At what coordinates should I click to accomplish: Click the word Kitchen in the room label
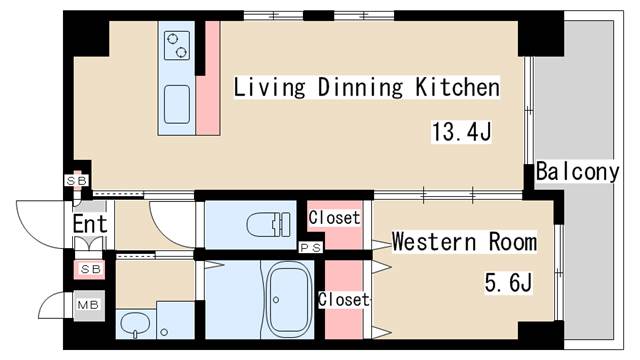pyautogui.click(x=457, y=87)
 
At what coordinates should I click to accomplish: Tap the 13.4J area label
pyautogui.click(x=461, y=132)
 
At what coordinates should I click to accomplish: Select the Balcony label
pyautogui.click(x=577, y=171)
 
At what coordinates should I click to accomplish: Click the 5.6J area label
pyautogui.click(x=508, y=282)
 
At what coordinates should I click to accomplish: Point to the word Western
pyautogui.click(x=434, y=241)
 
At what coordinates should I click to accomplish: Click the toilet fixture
pyautogui.click(x=269, y=224)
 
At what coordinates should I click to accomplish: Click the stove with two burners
pyautogui.click(x=177, y=45)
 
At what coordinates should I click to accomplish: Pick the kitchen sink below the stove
pyautogui.click(x=177, y=104)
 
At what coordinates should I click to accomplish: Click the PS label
pyautogui.click(x=311, y=247)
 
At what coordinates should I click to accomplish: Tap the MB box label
pyautogui.click(x=89, y=305)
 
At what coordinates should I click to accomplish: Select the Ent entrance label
pyautogui.click(x=90, y=224)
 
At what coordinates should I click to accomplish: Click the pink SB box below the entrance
pyautogui.click(x=90, y=269)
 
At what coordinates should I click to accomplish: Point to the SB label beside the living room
pyautogui.click(x=76, y=180)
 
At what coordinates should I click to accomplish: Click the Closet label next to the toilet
pyautogui.click(x=334, y=218)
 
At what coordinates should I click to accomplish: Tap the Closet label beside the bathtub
pyautogui.click(x=344, y=300)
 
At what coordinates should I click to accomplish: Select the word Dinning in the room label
pyautogui.click(x=360, y=87)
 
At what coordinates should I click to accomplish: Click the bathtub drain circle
pyautogui.click(x=276, y=300)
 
